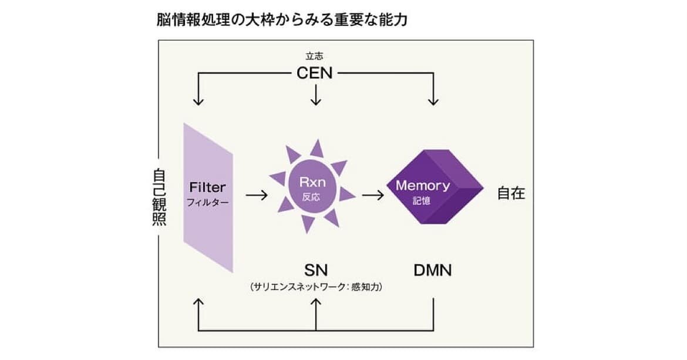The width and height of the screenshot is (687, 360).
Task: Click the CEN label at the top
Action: (316, 74)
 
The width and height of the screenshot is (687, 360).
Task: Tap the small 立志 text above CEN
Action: (315, 57)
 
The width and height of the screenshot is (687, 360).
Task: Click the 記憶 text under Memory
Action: (421, 201)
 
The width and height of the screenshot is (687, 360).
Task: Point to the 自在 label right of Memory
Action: (511, 193)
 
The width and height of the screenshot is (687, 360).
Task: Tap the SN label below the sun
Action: (316, 270)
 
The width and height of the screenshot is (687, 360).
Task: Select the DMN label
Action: (433, 270)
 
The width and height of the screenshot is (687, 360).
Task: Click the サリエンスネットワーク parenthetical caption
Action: (316, 287)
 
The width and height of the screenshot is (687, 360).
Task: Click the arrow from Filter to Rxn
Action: (256, 194)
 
